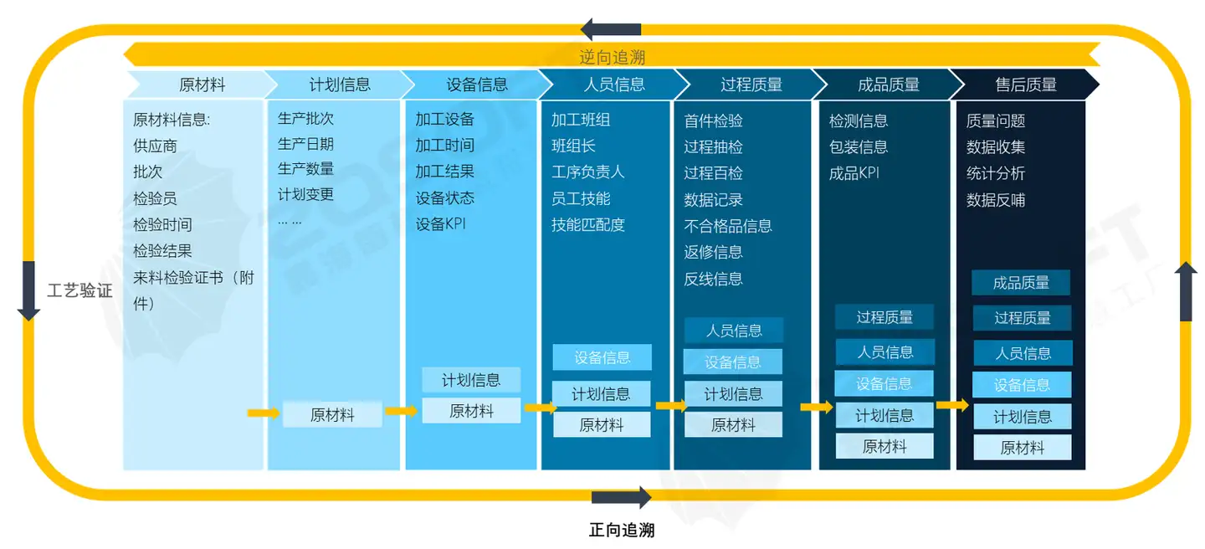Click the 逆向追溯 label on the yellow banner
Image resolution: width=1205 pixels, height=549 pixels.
point(613,57)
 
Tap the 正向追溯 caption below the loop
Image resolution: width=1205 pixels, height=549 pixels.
point(621,530)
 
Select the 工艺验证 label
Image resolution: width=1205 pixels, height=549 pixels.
point(79,290)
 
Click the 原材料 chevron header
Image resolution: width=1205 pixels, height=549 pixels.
point(202,85)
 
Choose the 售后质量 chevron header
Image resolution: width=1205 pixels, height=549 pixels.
point(1025,85)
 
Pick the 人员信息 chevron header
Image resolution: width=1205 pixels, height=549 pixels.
point(614,85)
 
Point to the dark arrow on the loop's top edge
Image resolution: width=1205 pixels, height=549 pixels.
point(611,29)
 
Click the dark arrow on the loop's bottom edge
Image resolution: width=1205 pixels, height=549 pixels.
point(621,497)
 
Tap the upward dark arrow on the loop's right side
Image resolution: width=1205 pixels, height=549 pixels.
point(1186,291)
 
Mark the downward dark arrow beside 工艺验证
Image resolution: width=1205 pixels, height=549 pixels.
point(28,291)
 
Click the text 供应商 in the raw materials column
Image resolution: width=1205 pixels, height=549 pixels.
point(155,146)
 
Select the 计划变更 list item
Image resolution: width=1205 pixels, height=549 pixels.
point(305,194)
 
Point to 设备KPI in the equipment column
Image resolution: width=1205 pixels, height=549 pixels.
point(440,224)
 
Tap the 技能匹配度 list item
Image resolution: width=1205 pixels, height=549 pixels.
point(588,225)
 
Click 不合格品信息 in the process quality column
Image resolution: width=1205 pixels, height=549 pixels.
point(728,226)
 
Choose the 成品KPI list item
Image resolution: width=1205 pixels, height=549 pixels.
point(854,173)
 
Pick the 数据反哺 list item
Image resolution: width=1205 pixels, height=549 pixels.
point(996,200)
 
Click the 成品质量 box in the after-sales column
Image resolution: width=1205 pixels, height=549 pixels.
point(1021,283)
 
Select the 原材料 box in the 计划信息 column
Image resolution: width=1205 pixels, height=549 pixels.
point(332,414)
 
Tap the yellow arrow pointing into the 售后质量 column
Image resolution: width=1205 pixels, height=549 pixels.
point(952,405)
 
